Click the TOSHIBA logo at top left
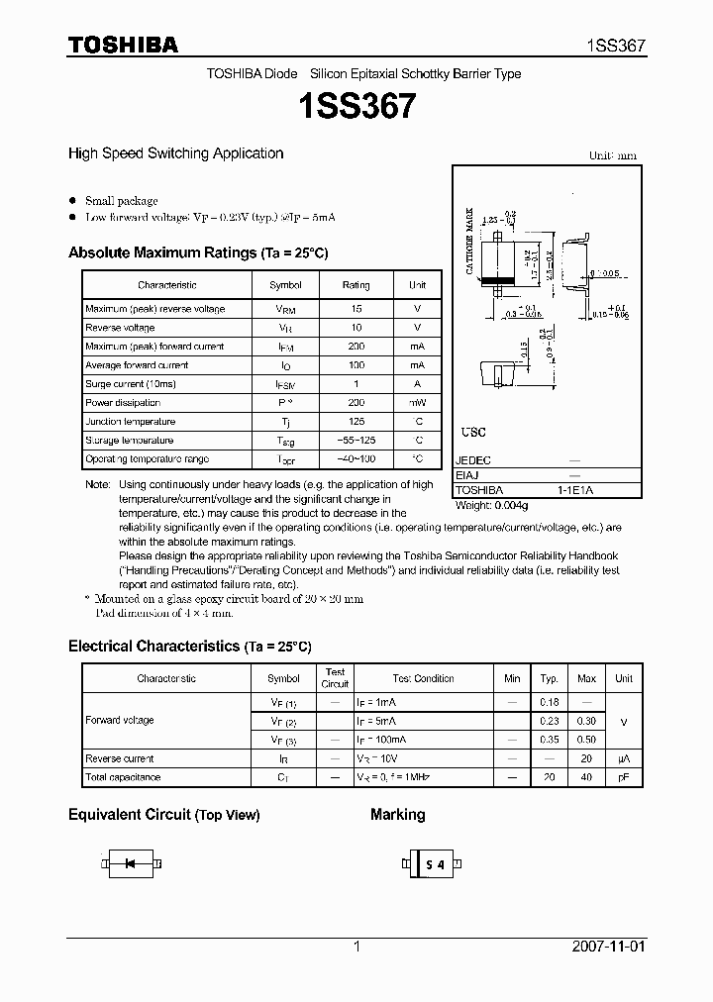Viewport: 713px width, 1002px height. click(x=123, y=46)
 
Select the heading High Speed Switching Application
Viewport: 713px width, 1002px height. click(x=175, y=153)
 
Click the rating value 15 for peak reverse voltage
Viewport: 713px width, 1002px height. click(x=356, y=309)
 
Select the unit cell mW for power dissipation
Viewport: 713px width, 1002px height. click(x=418, y=403)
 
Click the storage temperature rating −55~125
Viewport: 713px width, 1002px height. click(x=356, y=441)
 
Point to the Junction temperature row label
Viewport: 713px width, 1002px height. click(x=130, y=422)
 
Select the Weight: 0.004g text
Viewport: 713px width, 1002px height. click(x=492, y=505)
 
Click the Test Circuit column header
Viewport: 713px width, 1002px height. click(x=335, y=678)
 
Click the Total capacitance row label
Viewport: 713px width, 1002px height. click(x=123, y=777)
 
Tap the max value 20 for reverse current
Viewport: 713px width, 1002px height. click(x=586, y=758)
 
